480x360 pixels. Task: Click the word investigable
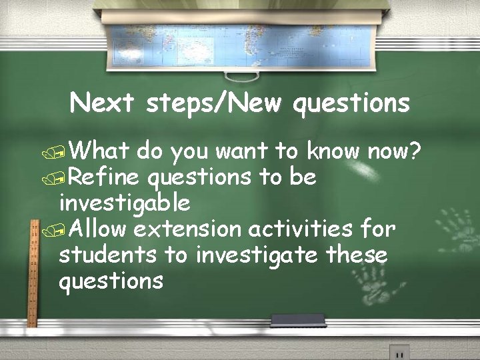pyautogui.click(x=125, y=202)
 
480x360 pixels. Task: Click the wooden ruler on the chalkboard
pyautogui.click(x=31, y=273)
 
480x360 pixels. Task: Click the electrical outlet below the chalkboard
pyautogui.click(x=399, y=353)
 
